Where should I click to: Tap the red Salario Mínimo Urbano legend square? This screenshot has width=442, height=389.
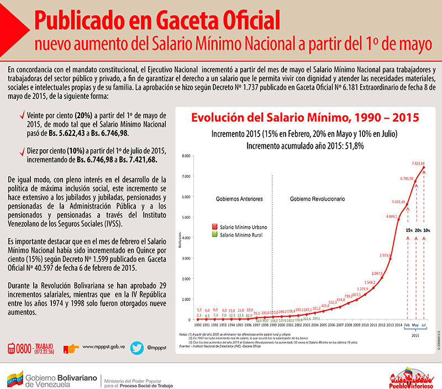pyautogui.click(x=215, y=227)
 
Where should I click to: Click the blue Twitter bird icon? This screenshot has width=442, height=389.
pyautogui.click(x=138, y=348)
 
